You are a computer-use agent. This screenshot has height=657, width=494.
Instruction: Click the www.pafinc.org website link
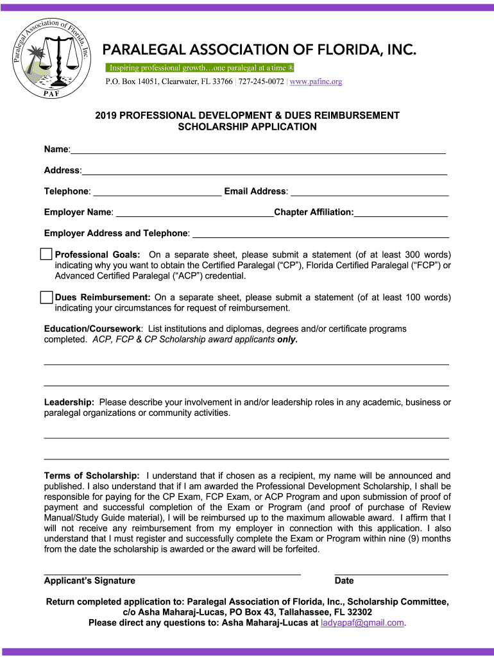pos(316,81)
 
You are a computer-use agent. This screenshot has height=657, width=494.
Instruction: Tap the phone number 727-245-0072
pos(261,81)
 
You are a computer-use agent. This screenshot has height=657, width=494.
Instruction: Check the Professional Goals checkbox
pos(46,254)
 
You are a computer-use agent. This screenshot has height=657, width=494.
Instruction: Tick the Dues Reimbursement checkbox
pos(46,297)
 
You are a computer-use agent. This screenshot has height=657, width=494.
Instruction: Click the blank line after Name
pos(257,153)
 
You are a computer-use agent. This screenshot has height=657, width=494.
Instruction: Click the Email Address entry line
pos(370,194)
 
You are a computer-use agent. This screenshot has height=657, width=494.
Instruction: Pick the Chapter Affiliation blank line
pos(401,216)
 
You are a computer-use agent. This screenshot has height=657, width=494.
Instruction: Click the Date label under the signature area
pos(344,581)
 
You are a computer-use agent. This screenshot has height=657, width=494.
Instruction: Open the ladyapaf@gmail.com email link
pos(362,622)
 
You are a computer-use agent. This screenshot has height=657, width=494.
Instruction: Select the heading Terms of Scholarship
pos(91,475)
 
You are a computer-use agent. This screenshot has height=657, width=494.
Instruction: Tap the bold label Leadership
pos(69,402)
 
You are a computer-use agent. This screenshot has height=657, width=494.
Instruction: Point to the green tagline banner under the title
pos(199,68)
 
